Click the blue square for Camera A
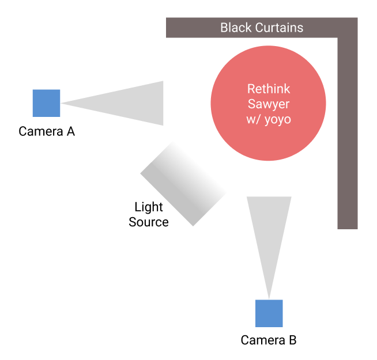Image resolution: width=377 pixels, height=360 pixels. tap(46, 103)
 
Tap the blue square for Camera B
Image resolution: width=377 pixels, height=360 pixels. tap(269, 313)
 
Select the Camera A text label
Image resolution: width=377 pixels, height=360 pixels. tap(47, 131)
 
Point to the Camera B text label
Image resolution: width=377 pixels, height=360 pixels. tap(269, 340)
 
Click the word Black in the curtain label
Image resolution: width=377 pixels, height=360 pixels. tap(236, 28)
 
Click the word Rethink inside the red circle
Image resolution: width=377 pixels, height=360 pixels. tap(269, 89)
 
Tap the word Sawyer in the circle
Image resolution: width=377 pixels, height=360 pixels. tap(269, 104)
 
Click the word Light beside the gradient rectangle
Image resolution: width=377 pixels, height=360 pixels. tap(149, 207)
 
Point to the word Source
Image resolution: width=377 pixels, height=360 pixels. tap(149, 222)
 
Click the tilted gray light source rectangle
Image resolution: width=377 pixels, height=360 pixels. tap(183, 184)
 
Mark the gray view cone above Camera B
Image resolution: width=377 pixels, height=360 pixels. tap(269, 230)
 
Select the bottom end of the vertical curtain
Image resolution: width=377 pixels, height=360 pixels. tap(348, 226)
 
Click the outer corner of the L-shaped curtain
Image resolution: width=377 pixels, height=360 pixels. tap(356, 20)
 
